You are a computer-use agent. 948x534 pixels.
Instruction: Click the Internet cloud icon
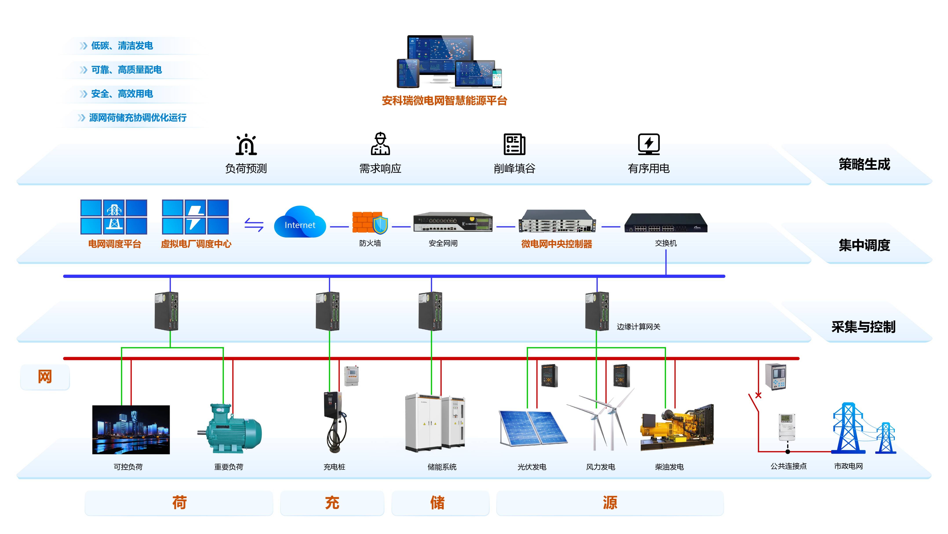[300, 223]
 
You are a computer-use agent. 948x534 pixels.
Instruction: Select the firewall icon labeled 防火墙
[370, 223]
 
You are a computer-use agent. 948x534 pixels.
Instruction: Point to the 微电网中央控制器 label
[556, 244]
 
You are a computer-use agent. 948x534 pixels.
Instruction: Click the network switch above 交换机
[666, 223]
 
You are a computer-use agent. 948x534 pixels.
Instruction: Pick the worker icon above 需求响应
[380, 144]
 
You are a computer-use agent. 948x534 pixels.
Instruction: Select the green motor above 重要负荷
[230, 428]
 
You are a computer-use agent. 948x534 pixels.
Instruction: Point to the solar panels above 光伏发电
[532, 427]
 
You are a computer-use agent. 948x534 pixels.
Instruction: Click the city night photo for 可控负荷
[131, 430]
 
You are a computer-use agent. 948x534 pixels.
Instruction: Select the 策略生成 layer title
[864, 164]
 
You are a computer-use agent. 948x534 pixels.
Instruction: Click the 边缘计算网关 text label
[638, 327]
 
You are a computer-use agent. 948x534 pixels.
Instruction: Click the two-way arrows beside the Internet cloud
[254, 225]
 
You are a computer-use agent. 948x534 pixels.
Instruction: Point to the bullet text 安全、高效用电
[122, 94]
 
